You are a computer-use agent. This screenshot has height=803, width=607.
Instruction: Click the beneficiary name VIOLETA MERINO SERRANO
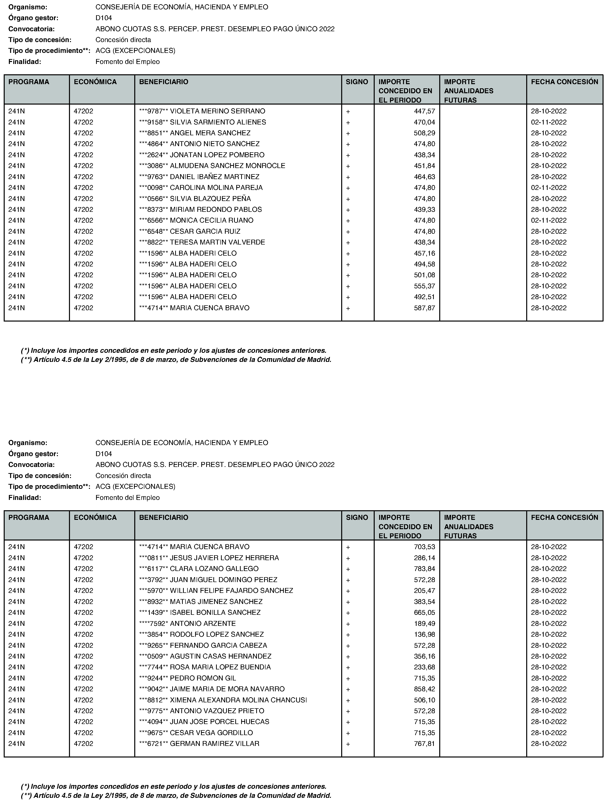click(x=217, y=111)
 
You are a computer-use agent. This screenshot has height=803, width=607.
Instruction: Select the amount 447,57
click(x=424, y=111)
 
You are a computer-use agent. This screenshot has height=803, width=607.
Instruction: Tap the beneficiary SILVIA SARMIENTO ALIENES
click(x=218, y=122)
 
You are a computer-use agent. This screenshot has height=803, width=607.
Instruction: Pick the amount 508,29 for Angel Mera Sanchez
click(x=424, y=133)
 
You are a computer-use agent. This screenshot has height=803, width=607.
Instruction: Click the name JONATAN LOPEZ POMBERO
click(x=217, y=155)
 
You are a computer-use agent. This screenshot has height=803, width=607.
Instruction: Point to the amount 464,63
click(x=424, y=177)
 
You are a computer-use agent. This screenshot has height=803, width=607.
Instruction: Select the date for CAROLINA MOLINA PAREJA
click(x=548, y=188)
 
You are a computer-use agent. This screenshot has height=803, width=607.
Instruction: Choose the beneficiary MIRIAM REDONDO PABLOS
click(x=216, y=209)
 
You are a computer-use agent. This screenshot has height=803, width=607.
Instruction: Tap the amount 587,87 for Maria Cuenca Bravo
click(x=424, y=308)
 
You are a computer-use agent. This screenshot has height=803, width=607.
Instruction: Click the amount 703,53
click(x=424, y=547)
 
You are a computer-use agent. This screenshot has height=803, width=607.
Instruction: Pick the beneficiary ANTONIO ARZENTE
click(x=203, y=623)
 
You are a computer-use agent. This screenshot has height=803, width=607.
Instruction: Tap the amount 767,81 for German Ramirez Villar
click(x=424, y=743)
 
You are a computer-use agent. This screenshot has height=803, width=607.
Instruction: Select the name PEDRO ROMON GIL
click(x=203, y=678)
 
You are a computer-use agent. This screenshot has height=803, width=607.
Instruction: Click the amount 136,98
click(x=424, y=634)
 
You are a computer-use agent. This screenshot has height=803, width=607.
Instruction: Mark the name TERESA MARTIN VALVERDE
click(x=217, y=242)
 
